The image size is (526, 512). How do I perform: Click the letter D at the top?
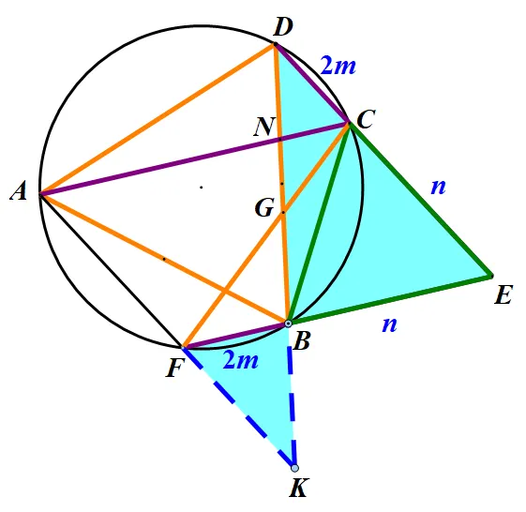click(x=283, y=27)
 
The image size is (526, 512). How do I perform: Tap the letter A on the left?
click(x=19, y=192)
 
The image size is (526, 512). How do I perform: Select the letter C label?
click(x=366, y=119)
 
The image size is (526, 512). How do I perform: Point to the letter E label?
click(x=503, y=295)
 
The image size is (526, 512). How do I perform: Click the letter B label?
click(x=301, y=342)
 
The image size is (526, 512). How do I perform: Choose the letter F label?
click(x=175, y=369)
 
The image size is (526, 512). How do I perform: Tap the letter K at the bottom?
click(x=298, y=488)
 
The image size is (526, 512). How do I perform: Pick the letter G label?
click(x=264, y=207)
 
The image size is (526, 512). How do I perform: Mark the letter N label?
click(x=265, y=127)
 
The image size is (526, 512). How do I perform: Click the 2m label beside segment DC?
click(x=338, y=65)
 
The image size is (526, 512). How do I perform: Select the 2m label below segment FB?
click(x=241, y=360)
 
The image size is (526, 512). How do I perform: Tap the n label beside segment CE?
click(x=439, y=187)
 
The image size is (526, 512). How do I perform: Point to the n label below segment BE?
click(x=390, y=324)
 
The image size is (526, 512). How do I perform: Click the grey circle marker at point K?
click(x=294, y=468)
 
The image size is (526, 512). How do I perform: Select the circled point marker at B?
click(x=288, y=324)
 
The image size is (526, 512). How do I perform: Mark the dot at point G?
click(x=283, y=212)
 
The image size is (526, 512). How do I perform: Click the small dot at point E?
click(x=492, y=276)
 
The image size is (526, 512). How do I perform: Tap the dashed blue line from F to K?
click(x=238, y=408)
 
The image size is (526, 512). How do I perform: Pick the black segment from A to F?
click(x=111, y=270)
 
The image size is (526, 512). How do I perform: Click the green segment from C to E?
click(x=421, y=200)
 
